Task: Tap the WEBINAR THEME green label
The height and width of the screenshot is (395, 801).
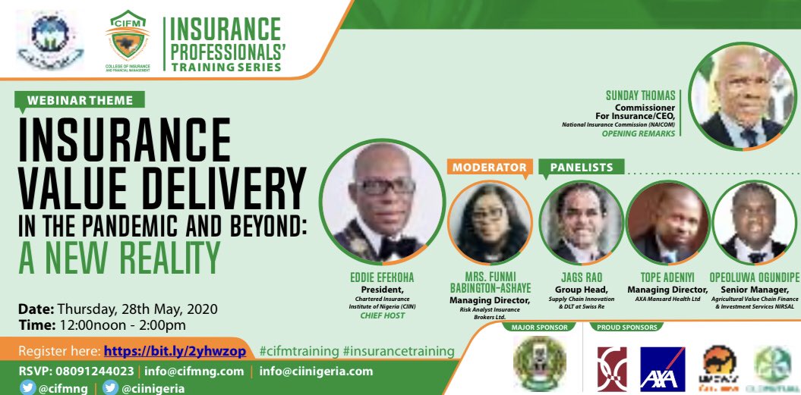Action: pos(80,100)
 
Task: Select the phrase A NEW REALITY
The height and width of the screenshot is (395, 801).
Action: pos(120,257)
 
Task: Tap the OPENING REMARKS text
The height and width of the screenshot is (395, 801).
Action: pos(639,133)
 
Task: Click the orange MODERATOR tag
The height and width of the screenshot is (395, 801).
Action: pos(489,167)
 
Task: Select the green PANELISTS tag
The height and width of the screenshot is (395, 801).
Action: pos(581,167)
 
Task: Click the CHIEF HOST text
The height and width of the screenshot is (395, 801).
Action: pos(382,315)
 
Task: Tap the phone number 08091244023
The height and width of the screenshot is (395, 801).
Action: pos(96,371)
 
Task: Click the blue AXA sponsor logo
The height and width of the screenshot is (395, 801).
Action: pos(663,369)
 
